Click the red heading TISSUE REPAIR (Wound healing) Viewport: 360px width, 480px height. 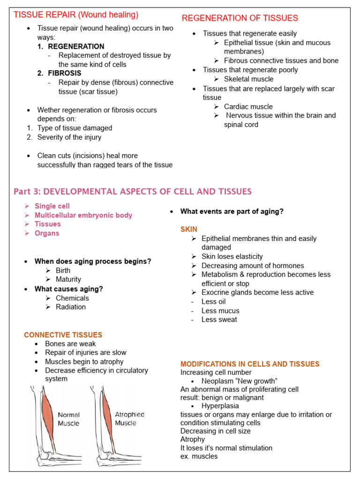pyautogui.click(x=76, y=15)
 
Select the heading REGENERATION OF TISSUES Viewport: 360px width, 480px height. pyautogui.click(x=240, y=18)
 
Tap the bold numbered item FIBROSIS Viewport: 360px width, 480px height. pyautogui.click(x=65, y=73)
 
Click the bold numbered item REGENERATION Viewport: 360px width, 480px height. pyautogui.click(x=76, y=46)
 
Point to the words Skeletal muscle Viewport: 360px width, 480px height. pyautogui.click(x=248, y=79)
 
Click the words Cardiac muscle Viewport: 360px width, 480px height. pyautogui.click(x=248, y=106)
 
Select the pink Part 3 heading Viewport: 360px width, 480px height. pyautogui.click(x=133, y=191)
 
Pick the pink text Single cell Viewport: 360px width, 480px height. pyautogui.click(x=52, y=206)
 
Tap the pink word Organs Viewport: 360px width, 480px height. pyautogui.click(x=47, y=233)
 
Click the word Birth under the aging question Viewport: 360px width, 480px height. pyautogui.click(x=63, y=270)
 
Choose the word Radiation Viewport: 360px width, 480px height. pyautogui.click(x=71, y=307)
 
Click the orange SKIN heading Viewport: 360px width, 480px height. pyautogui.click(x=189, y=229)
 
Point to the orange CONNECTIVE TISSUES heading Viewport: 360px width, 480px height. pyautogui.click(x=63, y=335)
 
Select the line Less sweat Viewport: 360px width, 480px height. pyautogui.click(x=219, y=320)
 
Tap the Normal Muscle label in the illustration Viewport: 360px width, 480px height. pyautogui.click(x=68, y=419)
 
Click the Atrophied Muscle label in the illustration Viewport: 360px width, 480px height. pyautogui.click(x=129, y=419)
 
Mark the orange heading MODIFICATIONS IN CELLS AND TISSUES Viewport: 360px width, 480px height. pyautogui.click(x=250, y=364)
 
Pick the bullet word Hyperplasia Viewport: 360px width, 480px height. pyautogui.click(x=220, y=406)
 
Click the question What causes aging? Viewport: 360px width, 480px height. pyautogui.click(x=69, y=289)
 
